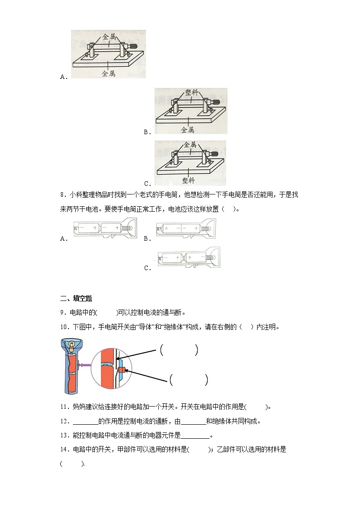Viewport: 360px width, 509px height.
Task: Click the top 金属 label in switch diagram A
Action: pyautogui.click(x=110, y=37)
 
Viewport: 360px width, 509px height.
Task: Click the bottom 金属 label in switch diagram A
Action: pyautogui.click(x=108, y=73)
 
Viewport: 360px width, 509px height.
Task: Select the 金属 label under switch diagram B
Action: pyautogui.click(x=188, y=130)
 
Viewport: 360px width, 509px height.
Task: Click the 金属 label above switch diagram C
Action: pyautogui.click(x=190, y=145)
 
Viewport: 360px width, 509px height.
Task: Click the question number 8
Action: pyautogui.click(x=63, y=195)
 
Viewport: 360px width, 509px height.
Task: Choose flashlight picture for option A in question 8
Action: pyautogui.click(x=104, y=229)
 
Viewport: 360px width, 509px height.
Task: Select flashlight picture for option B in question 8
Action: pyautogui.click(x=186, y=229)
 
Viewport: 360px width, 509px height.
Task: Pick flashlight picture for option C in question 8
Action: pyautogui.click(x=188, y=259)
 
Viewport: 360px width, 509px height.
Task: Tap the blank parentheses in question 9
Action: pyautogui.click(x=107, y=312)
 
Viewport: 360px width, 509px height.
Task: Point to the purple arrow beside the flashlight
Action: pyautogui.click(x=84, y=364)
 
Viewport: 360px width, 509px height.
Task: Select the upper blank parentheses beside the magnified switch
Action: pyautogui.click(x=179, y=350)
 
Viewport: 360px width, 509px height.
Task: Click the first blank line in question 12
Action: pyautogui.click(x=85, y=421)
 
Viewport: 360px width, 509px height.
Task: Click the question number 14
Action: pyautogui.click(x=63, y=450)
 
